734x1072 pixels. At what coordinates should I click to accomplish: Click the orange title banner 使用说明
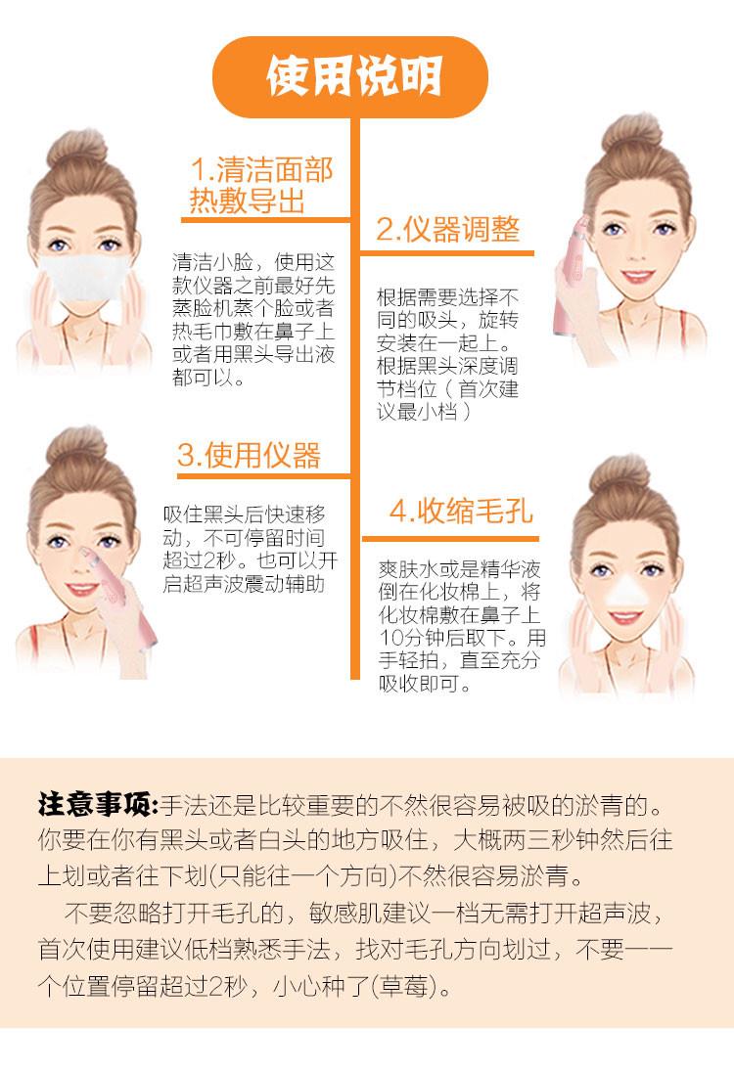pos(350,77)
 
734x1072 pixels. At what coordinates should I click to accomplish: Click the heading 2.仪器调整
pos(448,230)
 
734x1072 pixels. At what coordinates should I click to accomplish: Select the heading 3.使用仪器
pos(249,456)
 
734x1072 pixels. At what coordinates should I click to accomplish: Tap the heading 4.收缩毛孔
pos(461,511)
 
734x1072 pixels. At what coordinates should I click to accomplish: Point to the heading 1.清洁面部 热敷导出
pos(260,185)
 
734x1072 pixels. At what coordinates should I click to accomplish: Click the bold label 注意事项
pos(98,805)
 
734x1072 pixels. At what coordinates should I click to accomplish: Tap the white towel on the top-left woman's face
pos(82,277)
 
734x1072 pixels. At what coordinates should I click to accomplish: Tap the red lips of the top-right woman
pos(637,276)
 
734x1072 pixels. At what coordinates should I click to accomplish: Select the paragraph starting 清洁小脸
pos(253,319)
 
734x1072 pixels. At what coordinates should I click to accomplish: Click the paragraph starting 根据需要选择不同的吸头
pos(447,354)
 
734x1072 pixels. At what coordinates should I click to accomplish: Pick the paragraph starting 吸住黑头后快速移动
pos(251,549)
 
